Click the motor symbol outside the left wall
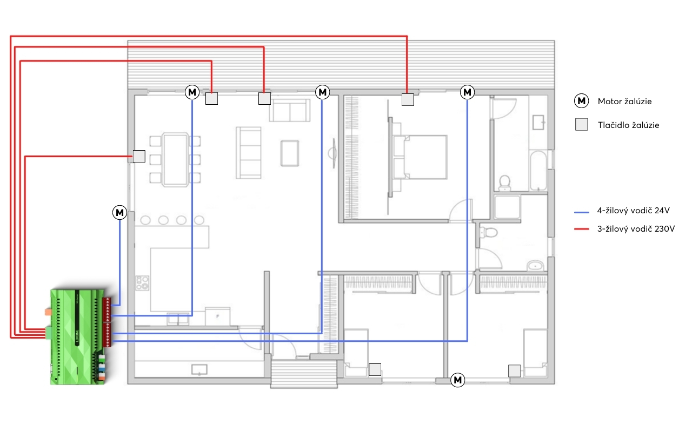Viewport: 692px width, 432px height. pos(119,212)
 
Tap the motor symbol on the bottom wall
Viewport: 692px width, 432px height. pos(457,380)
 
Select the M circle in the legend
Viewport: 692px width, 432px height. pos(581,101)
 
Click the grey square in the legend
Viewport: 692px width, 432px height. pos(581,125)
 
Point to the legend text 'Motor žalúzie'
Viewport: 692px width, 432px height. pos(624,101)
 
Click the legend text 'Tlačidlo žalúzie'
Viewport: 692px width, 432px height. pos(628,125)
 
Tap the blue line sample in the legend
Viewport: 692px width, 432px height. pos(581,212)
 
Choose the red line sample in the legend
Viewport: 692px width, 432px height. pos(581,229)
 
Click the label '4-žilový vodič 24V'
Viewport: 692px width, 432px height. pos(633,211)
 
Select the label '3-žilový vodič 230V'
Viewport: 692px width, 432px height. pos(636,228)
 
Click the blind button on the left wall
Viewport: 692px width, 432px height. pos(139,156)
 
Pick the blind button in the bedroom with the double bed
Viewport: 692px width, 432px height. pos(408,99)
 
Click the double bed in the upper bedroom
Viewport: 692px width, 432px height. pos(420,157)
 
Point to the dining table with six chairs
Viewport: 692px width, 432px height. pos(175,159)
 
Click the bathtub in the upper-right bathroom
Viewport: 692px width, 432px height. pos(538,170)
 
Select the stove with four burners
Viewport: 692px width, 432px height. pos(142,283)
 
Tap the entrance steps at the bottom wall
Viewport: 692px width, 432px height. pos(304,374)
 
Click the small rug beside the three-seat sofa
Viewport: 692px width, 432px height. pos(289,153)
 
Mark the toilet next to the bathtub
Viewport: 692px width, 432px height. pos(505,183)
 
